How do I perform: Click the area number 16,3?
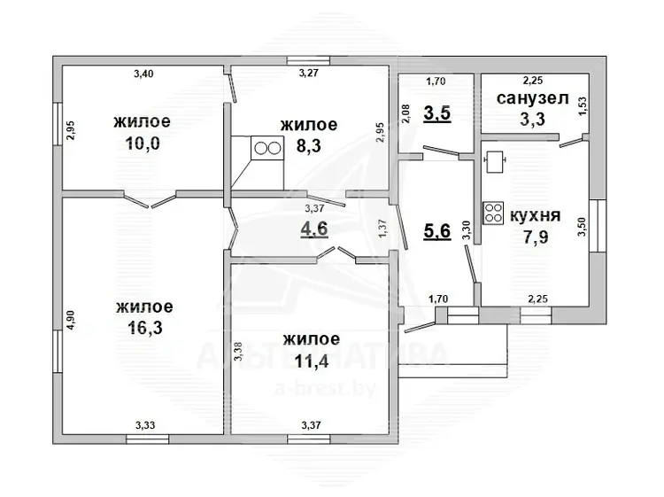pos(144,328)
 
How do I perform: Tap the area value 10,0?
pos(143,144)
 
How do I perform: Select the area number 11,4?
pos(312,361)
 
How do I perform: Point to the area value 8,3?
pos(309,146)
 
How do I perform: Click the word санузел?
pos(532,98)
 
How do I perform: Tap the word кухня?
pos(536,215)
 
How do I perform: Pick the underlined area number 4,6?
pos(314,229)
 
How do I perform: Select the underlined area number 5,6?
pos(437,231)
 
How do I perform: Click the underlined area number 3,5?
pos(437,114)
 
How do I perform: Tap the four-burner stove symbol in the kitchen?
pos(493,213)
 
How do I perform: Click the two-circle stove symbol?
pos(267,148)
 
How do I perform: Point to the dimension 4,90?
pos(70,321)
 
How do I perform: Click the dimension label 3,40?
pos(143,74)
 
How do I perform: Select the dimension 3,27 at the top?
pos(309,73)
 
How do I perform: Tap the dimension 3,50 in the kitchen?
pos(583,227)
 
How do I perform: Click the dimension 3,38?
pos(238,352)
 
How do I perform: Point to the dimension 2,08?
pos(405,114)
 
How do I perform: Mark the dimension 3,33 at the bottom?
pos(145,425)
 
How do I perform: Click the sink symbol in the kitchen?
pos(495,161)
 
